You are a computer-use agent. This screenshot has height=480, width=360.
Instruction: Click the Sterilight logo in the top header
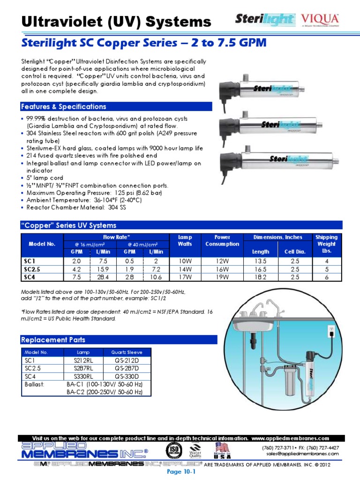pos(265,20)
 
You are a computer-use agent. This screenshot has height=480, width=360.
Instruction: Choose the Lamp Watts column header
pos(185,240)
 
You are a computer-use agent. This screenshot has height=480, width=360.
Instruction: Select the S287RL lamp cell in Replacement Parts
pos(80,368)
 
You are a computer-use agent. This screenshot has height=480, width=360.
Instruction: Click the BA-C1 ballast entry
pos(104,384)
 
